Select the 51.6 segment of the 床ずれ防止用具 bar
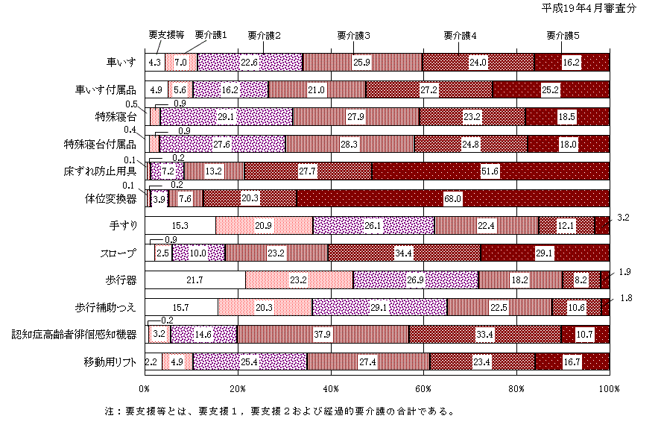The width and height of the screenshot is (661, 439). click(490, 171)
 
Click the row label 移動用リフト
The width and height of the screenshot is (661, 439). click(110, 362)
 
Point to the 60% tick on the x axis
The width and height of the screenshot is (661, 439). click(423, 389)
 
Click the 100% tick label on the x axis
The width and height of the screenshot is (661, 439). click(610, 389)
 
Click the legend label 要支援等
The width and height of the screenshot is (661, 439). click(166, 34)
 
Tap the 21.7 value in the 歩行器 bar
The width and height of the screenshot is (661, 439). click(194, 279)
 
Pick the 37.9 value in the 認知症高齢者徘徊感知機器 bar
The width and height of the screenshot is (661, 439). click(323, 334)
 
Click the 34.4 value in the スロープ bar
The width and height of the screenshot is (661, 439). click(404, 253)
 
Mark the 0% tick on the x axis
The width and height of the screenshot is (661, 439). click(145, 389)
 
